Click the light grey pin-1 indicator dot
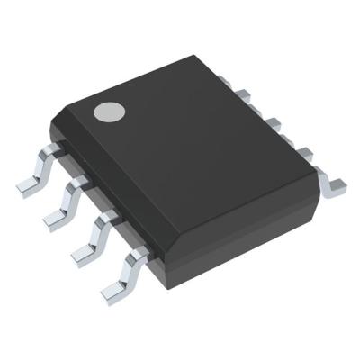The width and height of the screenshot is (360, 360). click(x=110, y=112)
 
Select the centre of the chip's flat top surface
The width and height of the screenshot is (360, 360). click(x=189, y=153)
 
